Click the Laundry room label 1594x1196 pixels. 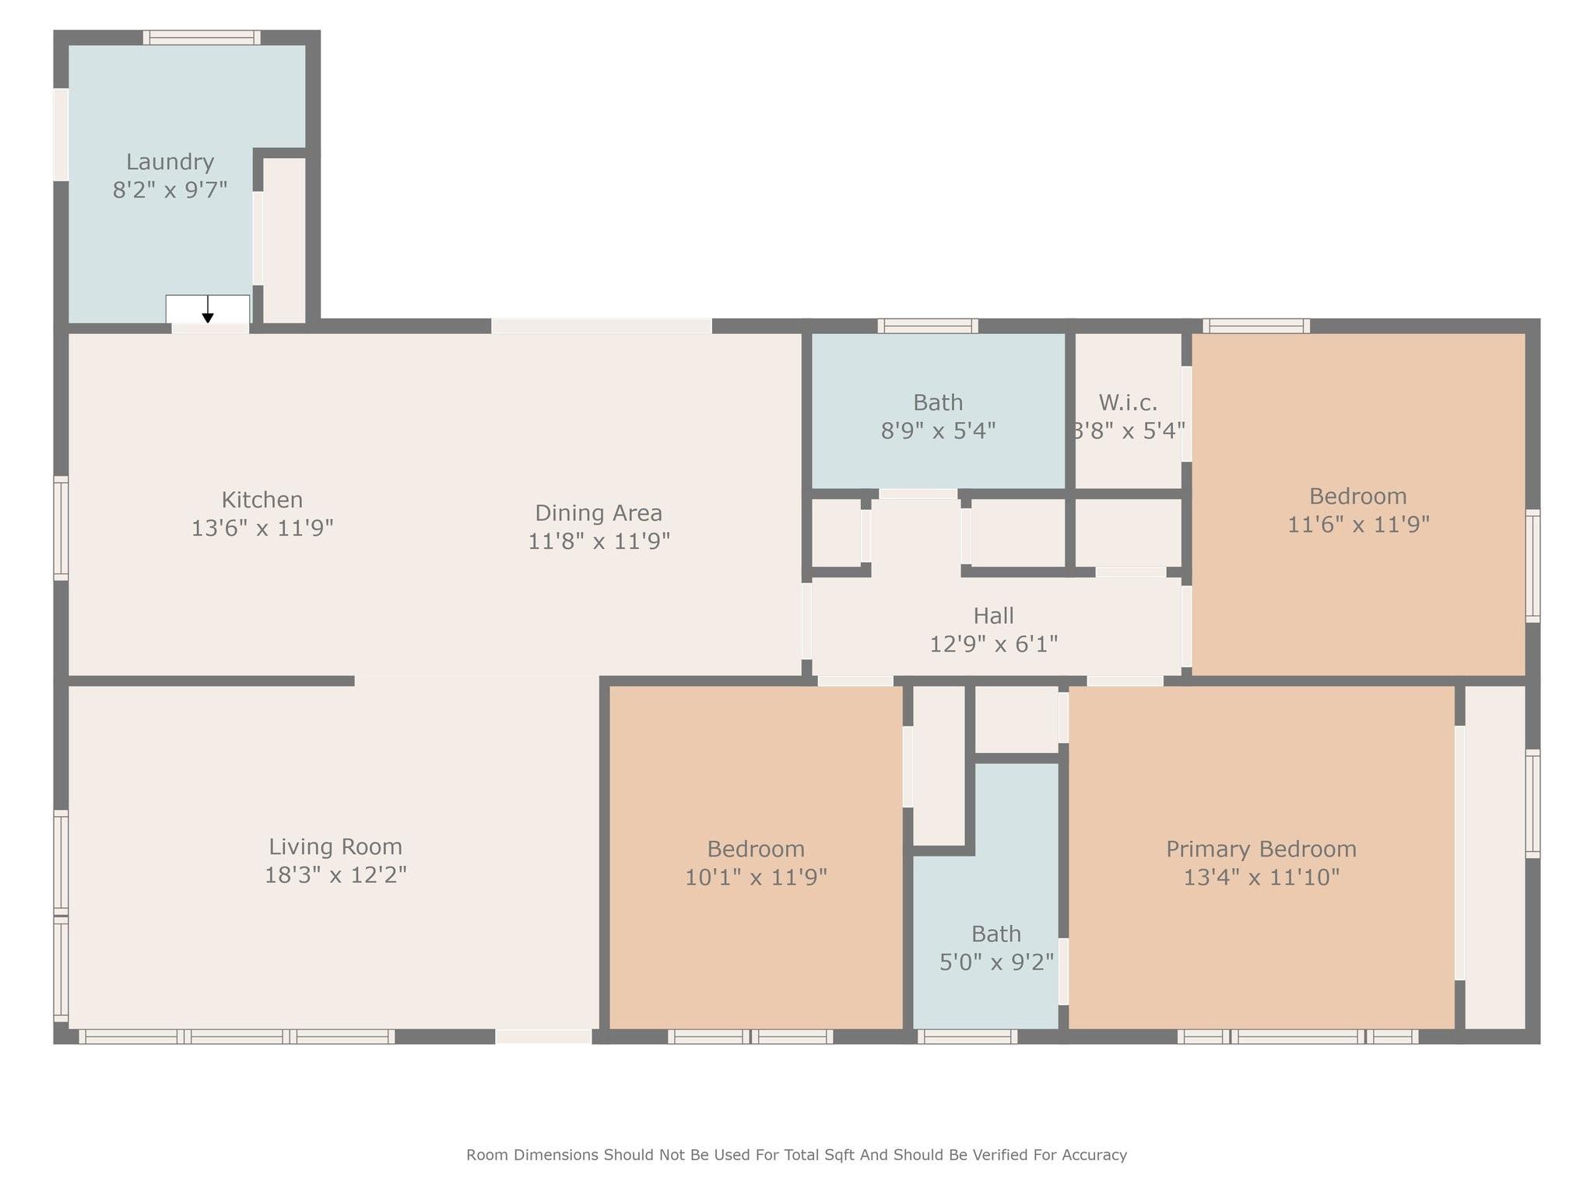[x=170, y=162]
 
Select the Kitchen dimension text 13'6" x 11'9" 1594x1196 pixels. [x=262, y=528]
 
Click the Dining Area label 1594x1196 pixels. [x=598, y=513]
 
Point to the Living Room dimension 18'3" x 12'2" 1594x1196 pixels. [x=335, y=875]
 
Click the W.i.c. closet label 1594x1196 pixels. [x=1128, y=403]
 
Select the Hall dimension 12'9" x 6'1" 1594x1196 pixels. [x=993, y=644]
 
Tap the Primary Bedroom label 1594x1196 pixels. [x=1260, y=849]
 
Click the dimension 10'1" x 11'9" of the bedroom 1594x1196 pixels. [x=755, y=878]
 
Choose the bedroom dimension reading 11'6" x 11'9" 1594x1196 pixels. [x=1357, y=524]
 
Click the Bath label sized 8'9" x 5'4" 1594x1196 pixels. [x=937, y=403]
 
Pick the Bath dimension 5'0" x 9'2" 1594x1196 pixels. [x=995, y=962]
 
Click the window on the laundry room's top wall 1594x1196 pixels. [x=202, y=37]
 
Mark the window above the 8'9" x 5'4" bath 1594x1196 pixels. [x=928, y=325]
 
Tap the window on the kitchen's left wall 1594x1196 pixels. [x=61, y=528]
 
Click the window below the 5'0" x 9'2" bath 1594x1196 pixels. [x=967, y=1036]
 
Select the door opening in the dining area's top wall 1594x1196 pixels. [x=601, y=325]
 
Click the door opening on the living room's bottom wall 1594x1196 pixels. [x=543, y=1036]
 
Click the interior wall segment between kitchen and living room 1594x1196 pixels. [x=210, y=681]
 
